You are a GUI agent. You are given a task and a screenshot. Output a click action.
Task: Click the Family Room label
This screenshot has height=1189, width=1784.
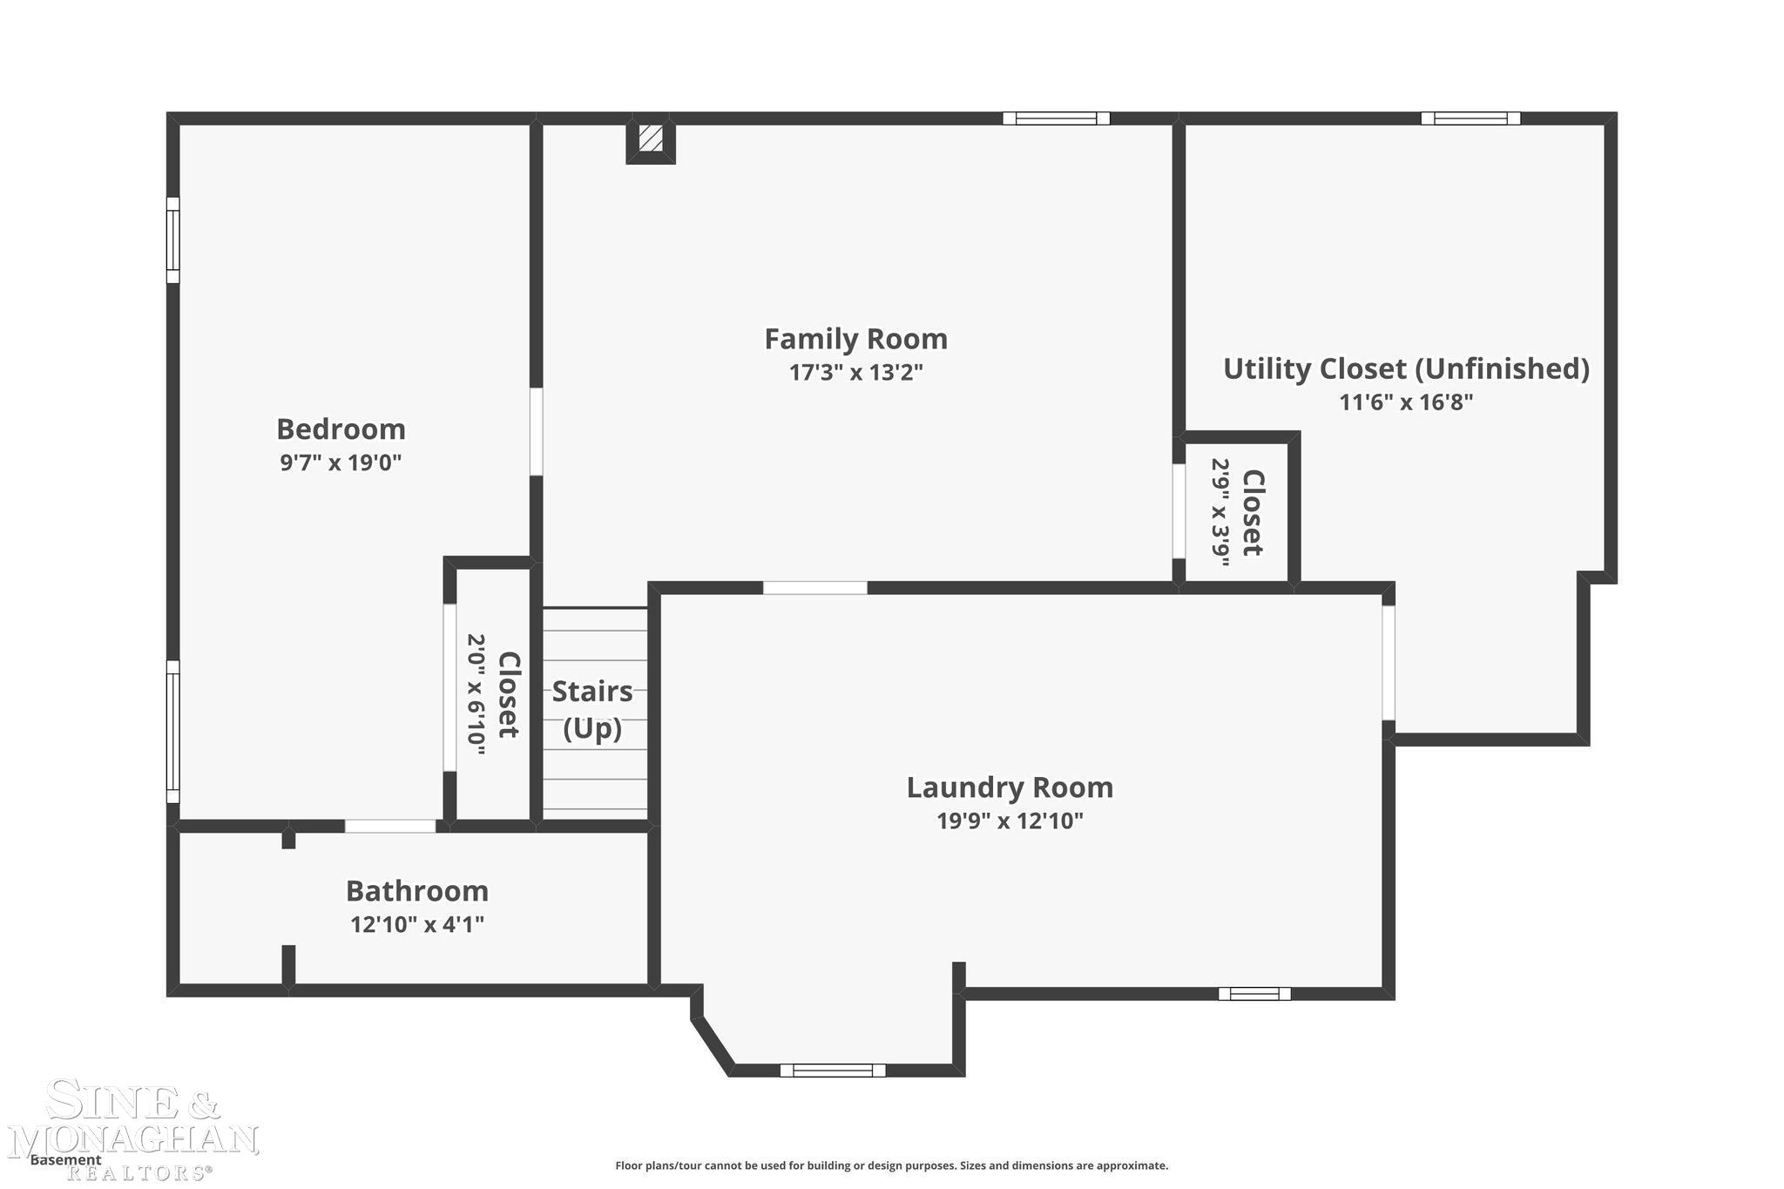(855, 339)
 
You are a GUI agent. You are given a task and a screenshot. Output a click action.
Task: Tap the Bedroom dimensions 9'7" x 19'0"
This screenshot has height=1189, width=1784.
(341, 463)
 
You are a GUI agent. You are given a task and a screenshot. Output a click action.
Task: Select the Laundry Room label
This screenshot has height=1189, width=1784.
(1010, 787)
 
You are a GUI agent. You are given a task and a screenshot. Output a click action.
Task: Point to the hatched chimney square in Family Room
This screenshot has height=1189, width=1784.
(651, 138)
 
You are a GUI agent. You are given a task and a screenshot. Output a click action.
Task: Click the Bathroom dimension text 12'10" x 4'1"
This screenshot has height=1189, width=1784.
(417, 924)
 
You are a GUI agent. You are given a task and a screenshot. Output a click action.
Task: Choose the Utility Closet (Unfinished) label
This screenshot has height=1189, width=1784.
(1406, 369)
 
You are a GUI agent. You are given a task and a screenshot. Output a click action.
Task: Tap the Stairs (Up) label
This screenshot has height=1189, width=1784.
(592, 709)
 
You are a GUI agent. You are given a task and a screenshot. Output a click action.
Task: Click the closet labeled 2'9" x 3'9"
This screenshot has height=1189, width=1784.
(1237, 512)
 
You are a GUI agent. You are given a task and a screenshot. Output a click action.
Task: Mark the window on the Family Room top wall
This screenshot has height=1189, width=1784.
(1056, 118)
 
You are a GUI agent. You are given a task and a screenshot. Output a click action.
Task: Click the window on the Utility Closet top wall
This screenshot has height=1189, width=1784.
(1470, 118)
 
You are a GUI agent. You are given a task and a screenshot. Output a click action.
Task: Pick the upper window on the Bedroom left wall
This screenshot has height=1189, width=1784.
(173, 240)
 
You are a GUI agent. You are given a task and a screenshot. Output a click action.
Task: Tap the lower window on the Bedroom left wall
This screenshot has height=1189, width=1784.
(173, 732)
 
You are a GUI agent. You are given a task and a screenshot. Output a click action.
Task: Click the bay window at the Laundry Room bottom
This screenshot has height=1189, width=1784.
(833, 1071)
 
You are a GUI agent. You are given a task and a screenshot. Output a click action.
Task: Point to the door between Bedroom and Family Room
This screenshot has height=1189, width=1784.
(537, 432)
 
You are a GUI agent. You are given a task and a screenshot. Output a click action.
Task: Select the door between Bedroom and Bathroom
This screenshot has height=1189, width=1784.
(390, 826)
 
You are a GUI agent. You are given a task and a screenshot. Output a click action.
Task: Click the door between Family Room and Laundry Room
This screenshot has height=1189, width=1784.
(815, 588)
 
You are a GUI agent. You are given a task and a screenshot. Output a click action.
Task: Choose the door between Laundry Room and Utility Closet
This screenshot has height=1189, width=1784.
(1389, 663)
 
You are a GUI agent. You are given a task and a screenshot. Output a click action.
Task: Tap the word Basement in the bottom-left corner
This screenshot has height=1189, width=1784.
(65, 1160)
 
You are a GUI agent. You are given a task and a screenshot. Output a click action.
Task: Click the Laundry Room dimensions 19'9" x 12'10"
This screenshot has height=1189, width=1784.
(1010, 821)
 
